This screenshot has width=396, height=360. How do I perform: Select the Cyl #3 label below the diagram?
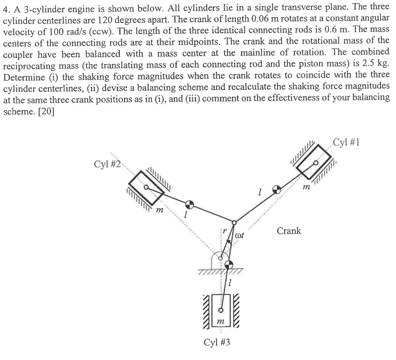218,342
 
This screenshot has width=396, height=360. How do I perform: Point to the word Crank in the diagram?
289,231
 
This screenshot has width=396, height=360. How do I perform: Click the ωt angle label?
241,234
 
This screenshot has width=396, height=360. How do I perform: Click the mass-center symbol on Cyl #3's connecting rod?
229,266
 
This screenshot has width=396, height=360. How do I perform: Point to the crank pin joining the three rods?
234,223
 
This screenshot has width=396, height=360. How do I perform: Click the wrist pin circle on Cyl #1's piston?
316,164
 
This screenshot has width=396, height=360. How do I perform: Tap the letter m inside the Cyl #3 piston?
218,321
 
